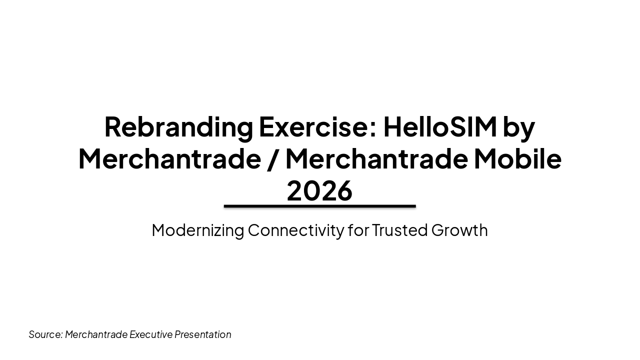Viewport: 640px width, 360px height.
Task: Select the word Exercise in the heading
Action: point(312,126)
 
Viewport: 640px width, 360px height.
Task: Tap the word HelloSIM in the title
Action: point(439,126)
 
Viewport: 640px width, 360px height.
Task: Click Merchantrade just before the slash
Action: point(169,158)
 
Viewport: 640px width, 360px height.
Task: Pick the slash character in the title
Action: point(272,159)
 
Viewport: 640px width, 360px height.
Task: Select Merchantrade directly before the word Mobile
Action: point(376,158)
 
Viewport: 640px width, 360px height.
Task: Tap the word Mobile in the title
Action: point(517,158)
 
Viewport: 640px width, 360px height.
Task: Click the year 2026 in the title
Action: point(319,190)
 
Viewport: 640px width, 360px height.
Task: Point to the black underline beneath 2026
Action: point(319,206)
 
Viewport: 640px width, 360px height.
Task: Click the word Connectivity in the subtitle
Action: point(295,230)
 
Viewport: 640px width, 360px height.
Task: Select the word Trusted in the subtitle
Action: point(400,230)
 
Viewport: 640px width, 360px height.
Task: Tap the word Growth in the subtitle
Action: point(459,230)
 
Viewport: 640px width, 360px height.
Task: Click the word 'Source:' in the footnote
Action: point(45,334)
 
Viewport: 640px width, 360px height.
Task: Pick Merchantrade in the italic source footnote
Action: point(96,334)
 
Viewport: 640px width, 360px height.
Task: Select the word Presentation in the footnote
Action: point(203,334)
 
